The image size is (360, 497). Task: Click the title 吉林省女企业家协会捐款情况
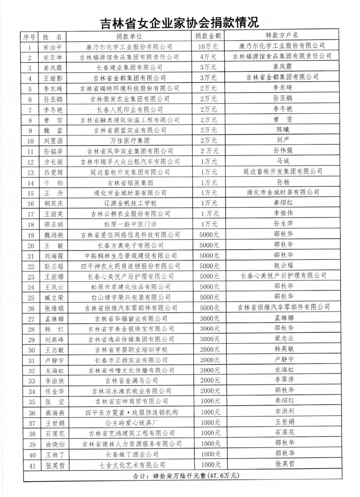180,23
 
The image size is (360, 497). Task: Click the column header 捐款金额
208,36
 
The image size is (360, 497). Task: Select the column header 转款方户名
282,35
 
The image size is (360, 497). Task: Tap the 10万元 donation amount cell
208,47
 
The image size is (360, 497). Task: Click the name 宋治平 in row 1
53,47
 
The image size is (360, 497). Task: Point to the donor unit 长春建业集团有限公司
129,68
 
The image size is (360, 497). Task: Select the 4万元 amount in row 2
208,57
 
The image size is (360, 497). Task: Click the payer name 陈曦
283,129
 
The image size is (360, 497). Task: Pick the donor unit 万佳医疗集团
130,141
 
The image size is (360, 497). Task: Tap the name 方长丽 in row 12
53,162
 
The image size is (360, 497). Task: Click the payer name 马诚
283,161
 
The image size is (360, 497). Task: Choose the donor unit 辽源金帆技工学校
130,203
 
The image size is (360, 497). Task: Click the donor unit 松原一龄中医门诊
130,224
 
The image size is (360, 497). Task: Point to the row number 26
31,308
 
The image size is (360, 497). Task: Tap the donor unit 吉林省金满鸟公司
131,381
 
